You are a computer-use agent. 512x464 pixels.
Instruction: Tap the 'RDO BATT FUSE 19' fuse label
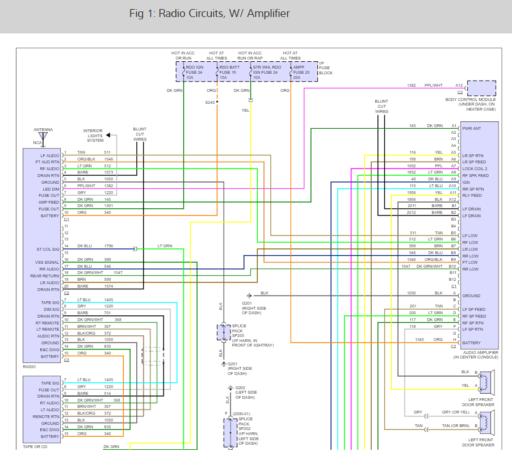click(x=230, y=72)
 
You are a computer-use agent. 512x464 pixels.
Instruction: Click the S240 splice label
click(x=211, y=102)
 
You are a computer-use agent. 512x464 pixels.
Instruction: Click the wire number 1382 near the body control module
click(x=411, y=86)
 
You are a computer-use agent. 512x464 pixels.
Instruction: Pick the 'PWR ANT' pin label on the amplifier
click(x=472, y=128)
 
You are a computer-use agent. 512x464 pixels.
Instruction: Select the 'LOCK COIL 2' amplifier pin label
click(x=475, y=168)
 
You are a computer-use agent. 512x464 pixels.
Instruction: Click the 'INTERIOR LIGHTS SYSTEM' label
click(x=94, y=135)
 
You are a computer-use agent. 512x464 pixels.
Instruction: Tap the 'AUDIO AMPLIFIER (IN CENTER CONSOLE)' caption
click(x=476, y=355)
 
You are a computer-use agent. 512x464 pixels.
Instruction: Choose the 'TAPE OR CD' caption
click(x=35, y=446)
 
